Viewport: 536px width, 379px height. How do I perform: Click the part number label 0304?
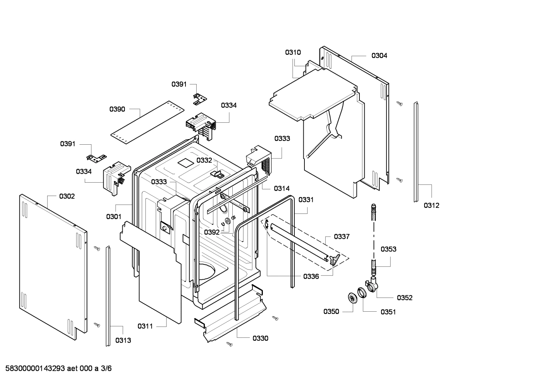coord(379,56)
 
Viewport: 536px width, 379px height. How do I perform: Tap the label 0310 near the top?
coord(293,52)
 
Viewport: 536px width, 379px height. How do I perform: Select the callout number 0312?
coord(432,205)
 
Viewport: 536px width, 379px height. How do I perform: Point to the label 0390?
coord(117,109)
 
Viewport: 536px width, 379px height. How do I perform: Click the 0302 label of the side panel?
coord(67,196)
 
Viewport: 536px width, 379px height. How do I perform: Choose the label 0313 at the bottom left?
coord(123,340)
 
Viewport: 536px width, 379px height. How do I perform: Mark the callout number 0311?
coord(145,326)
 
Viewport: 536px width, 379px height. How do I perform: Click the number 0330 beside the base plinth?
coord(260,338)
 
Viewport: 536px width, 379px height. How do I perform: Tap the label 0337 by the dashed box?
coord(342,237)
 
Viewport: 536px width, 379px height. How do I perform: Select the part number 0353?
coord(388,249)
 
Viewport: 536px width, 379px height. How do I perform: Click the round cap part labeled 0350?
coord(351,298)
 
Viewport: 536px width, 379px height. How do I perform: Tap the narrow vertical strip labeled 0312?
coord(416,152)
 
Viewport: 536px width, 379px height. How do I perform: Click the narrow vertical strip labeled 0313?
coord(108,296)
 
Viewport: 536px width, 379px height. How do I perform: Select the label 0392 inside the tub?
coord(212,232)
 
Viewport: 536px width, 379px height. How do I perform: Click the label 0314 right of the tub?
coord(282,189)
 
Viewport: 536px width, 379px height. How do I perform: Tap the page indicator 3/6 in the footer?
coord(106,369)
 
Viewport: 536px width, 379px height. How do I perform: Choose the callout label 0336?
coord(311,276)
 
